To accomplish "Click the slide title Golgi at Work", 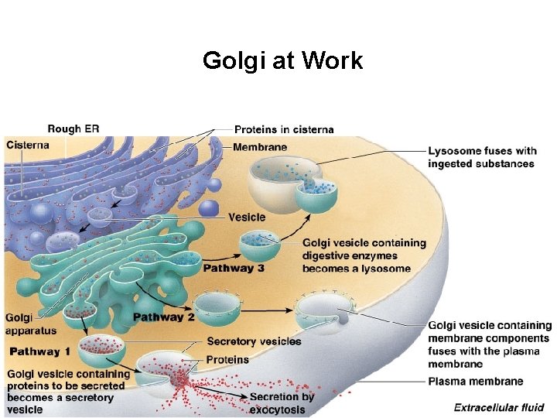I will (x=282, y=60).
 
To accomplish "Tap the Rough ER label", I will (x=73, y=128).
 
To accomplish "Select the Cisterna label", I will (x=27, y=145).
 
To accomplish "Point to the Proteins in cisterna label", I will (x=284, y=129).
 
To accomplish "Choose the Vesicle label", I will (x=246, y=218).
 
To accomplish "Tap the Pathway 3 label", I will (x=234, y=269).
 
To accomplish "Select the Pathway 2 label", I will (x=163, y=317).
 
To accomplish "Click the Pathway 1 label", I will (x=39, y=351).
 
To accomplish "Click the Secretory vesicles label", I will (x=254, y=341).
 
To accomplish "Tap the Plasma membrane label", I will (x=475, y=381).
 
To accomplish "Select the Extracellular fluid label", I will (x=498, y=407).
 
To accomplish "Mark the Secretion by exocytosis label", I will (x=282, y=403).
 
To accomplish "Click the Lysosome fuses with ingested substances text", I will (x=481, y=157).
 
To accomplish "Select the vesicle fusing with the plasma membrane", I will (x=325, y=313).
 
